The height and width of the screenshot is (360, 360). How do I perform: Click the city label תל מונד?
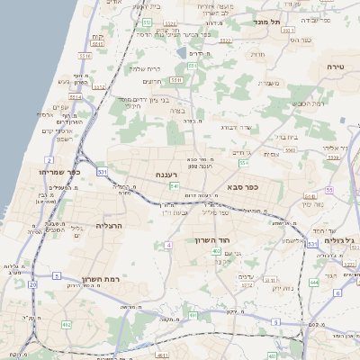click(x=268, y=21)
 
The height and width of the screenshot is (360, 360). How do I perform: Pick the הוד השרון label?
click(x=211, y=240)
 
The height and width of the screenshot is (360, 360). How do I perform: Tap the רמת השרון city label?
click(x=101, y=280)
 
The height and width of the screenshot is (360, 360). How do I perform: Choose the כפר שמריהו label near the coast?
click(x=61, y=171)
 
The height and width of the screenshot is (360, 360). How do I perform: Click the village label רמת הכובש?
click(x=309, y=103)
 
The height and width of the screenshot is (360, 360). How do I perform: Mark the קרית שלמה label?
click(x=144, y=68)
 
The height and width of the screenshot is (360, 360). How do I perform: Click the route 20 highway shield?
click(x=32, y=284)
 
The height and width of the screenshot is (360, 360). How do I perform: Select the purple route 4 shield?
click(x=168, y=245)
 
